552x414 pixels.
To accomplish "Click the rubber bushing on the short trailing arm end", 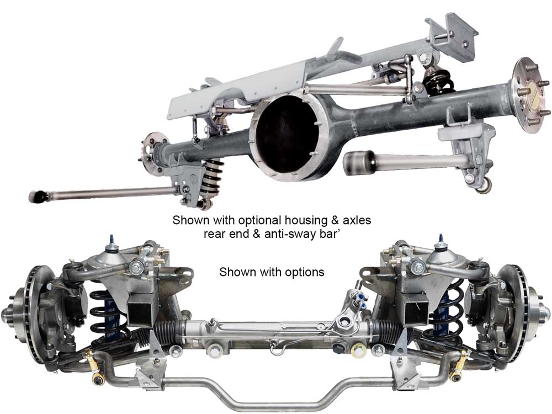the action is click(358, 162).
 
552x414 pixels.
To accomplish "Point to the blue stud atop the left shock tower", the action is click(112, 240).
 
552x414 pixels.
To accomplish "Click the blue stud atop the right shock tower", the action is click(440, 240).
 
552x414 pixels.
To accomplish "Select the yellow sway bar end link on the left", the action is click(93, 366).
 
